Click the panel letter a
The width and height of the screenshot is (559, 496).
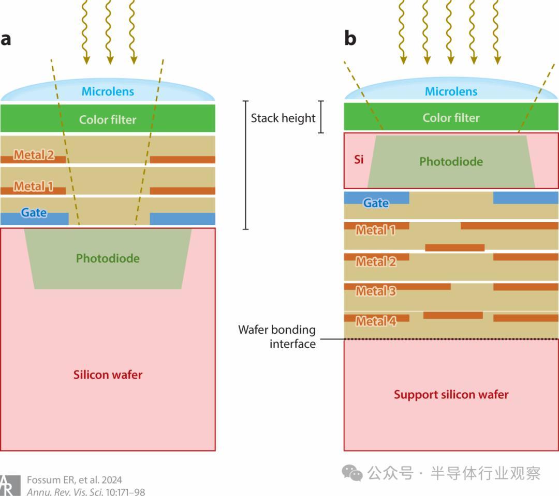click(6, 39)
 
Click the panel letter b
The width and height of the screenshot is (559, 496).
click(350, 39)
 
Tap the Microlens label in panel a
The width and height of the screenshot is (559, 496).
click(108, 92)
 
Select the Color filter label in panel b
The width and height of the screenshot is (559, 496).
click(451, 118)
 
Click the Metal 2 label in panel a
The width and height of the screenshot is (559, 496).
click(34, 154)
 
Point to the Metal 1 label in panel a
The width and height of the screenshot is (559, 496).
click(34, 186)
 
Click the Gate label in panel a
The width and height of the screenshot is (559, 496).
click(34, 212)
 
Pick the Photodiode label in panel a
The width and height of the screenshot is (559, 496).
click(108, 258)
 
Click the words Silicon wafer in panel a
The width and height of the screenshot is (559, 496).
click(108, 375)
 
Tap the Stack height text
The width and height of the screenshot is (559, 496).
click(283, 118)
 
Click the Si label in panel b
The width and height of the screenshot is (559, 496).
click(359, 159)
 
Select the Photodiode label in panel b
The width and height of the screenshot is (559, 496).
click(451, 162)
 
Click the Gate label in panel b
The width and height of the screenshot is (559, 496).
click(376, 203)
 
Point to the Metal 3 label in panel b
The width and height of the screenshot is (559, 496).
click(376, 291)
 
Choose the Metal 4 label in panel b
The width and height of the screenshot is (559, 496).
click(376, 321)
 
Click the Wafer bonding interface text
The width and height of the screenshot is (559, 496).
click(277, 336)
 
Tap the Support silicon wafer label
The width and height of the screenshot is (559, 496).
click(451, 395)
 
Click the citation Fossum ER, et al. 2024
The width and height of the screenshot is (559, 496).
click(75, 480)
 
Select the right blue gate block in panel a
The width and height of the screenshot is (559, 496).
click(182, 219)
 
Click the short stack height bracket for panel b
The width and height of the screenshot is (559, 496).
click(321, 117)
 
